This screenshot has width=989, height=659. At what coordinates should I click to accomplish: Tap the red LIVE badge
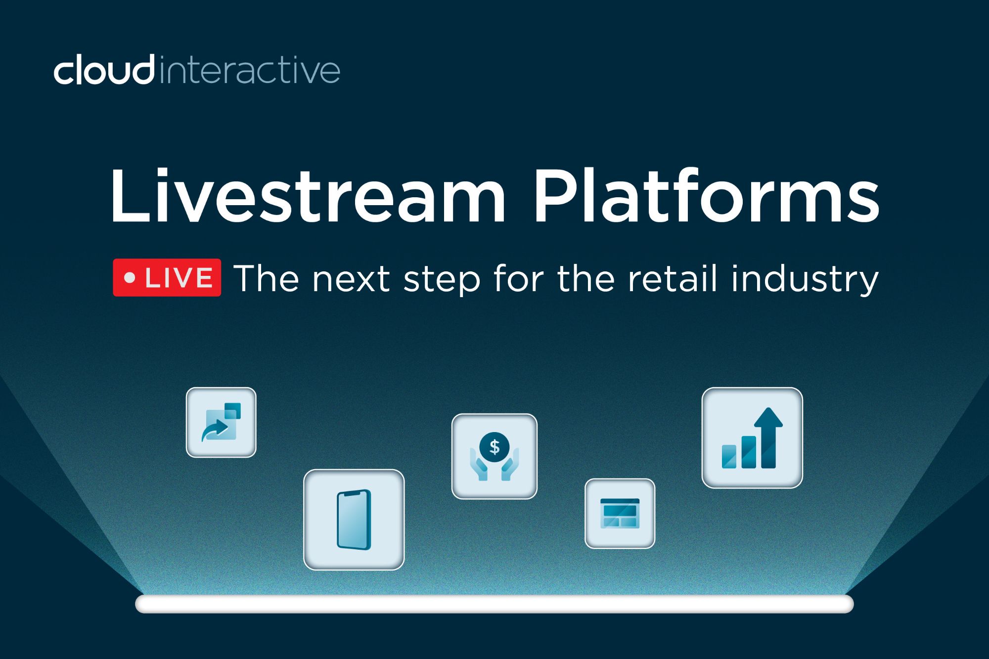(x=167, y=277)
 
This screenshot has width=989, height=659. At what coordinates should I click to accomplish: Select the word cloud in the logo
(x=104, y=71)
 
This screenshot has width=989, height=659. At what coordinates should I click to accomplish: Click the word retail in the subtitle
(x=673, y=278)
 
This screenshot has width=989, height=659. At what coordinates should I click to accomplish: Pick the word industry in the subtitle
(x=805, y=280)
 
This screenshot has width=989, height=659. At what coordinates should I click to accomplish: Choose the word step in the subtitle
(x=442, y=281)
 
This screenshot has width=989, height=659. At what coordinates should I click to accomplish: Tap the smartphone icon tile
(x=354, y=520)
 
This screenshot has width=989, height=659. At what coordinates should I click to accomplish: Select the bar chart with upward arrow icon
(x=752, y=438)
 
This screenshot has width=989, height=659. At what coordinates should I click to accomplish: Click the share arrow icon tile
(x=221, y=422)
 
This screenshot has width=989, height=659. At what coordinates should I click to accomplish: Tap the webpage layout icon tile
(x=620, y=513)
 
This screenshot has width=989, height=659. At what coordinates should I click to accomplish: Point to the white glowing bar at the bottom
(x=494, y=604)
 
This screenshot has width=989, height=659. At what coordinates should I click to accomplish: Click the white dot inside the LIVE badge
(x=130, y=278)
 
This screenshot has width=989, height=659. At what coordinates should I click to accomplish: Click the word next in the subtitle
(x=351, y=280)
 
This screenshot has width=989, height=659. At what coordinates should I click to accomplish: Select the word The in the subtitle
(x=267, y=278)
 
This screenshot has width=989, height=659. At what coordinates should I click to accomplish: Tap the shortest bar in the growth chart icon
(x=729, y=456)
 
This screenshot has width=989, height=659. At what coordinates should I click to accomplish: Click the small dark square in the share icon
(x=232, y=411)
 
